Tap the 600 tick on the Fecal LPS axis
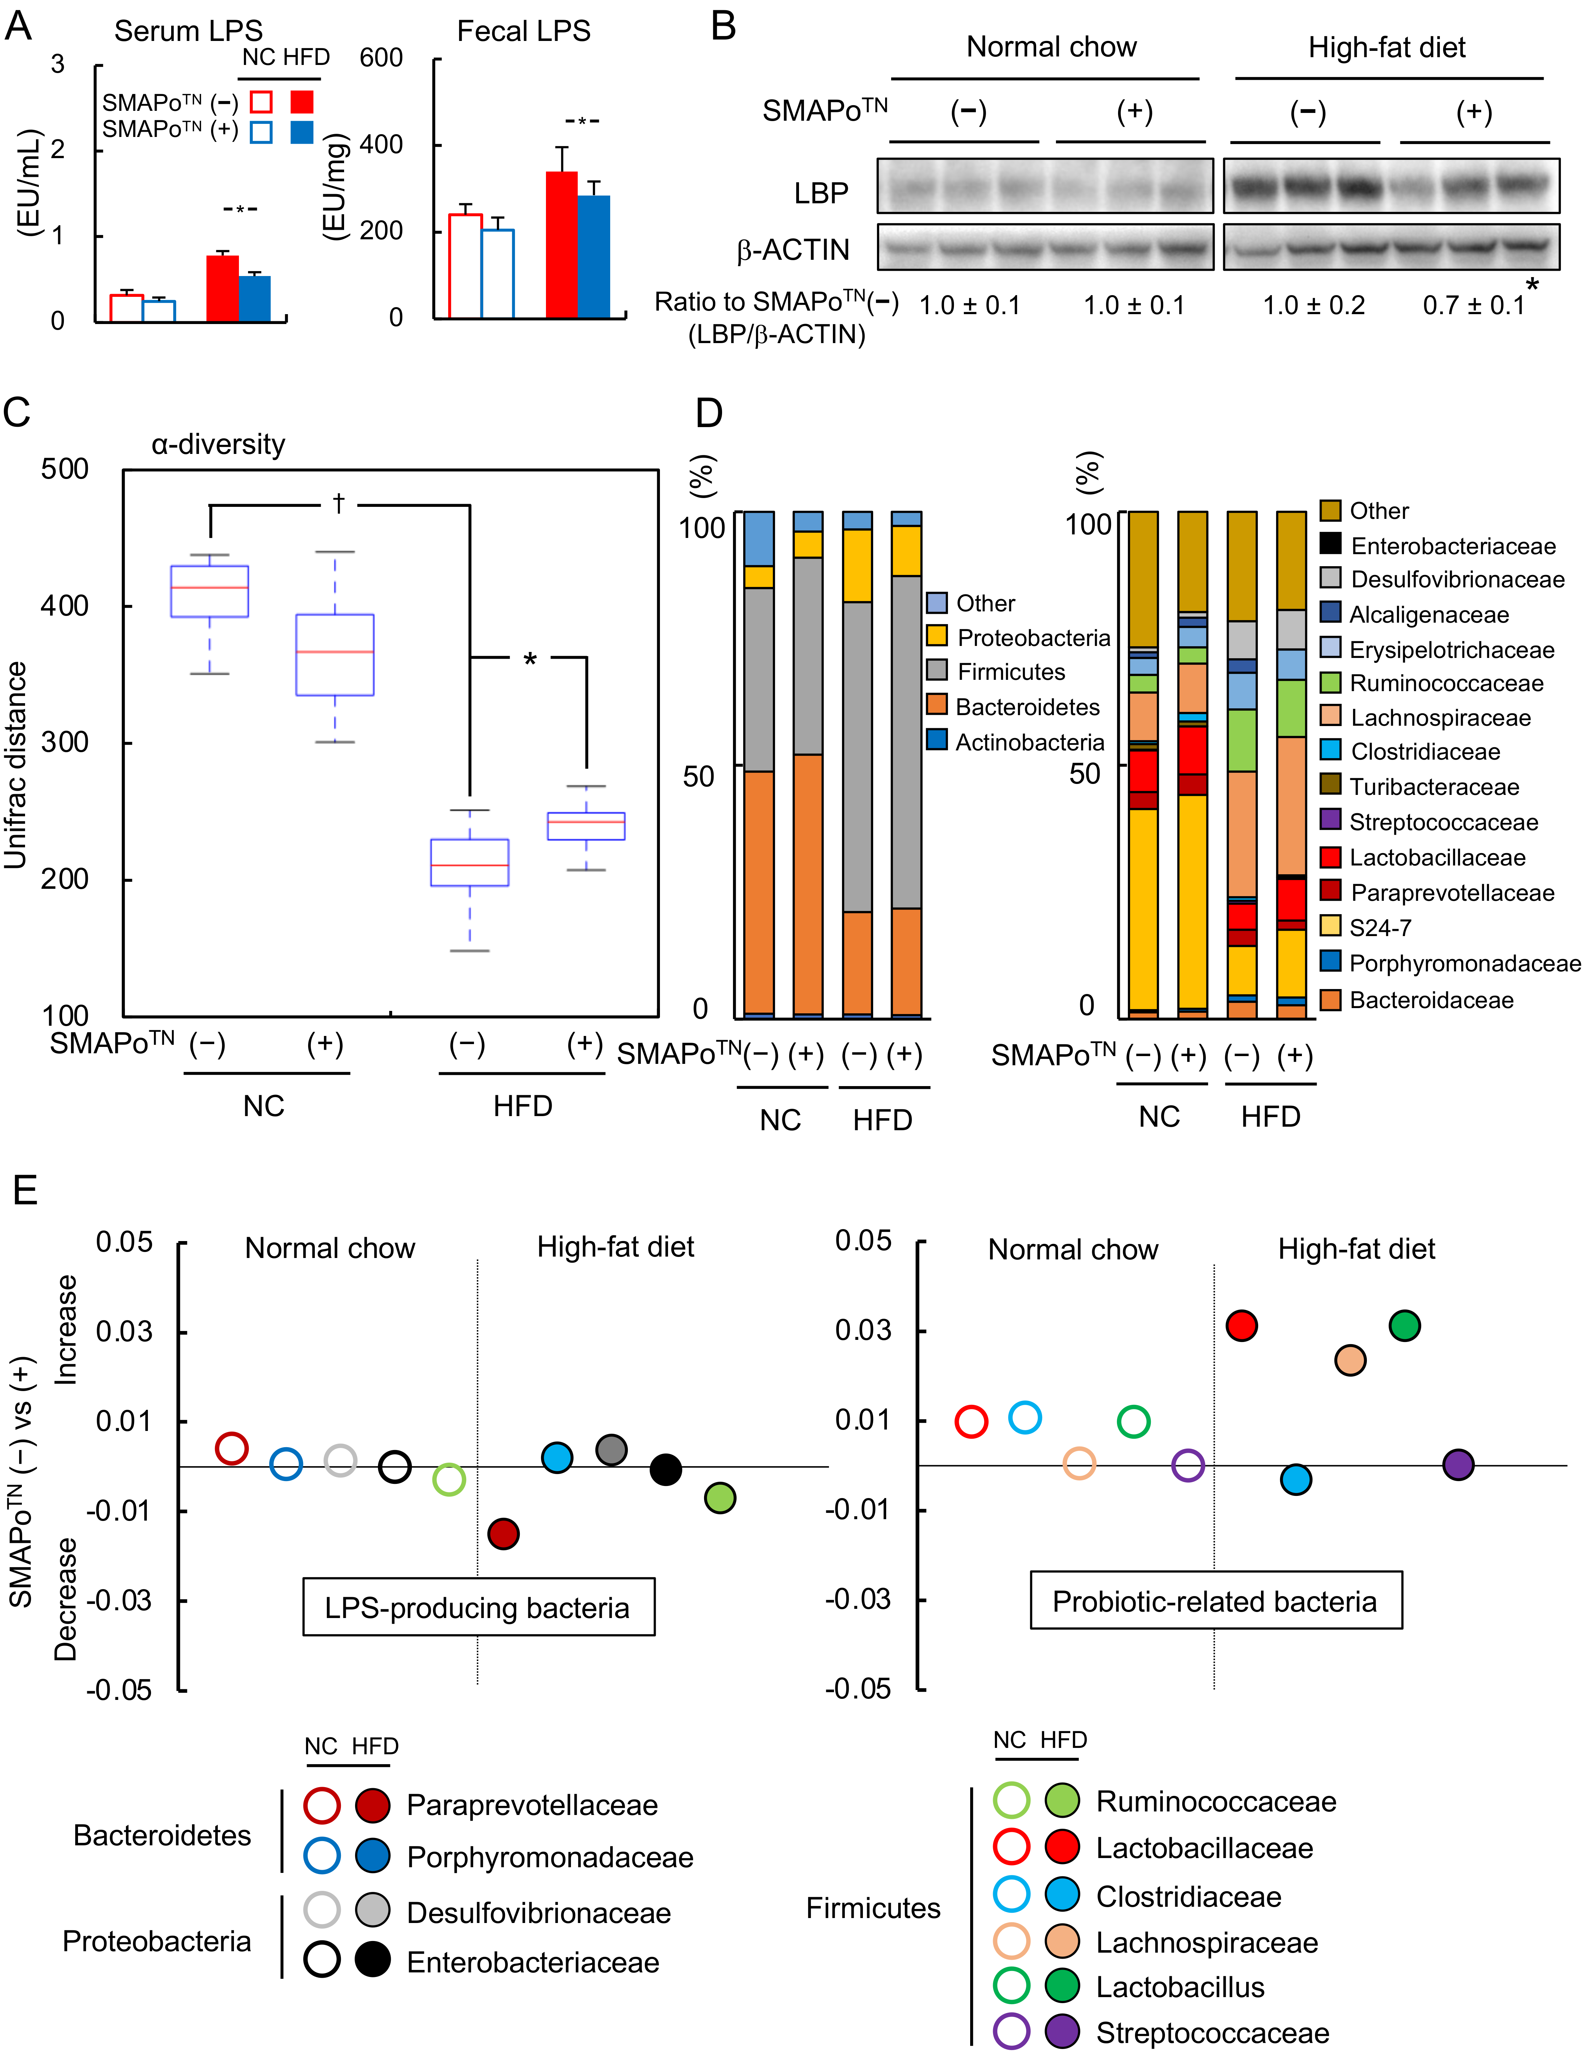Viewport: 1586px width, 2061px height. coord(381,59)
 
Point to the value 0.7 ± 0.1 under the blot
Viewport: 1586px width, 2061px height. coord(1473,305)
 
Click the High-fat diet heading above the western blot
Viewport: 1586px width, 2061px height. coord(1386,47)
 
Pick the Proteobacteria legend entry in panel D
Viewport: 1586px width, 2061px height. coord(1032,638)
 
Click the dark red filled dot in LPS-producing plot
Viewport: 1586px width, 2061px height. coord(503,1533)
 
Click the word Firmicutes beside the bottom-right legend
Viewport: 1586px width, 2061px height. coord(873,1908)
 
